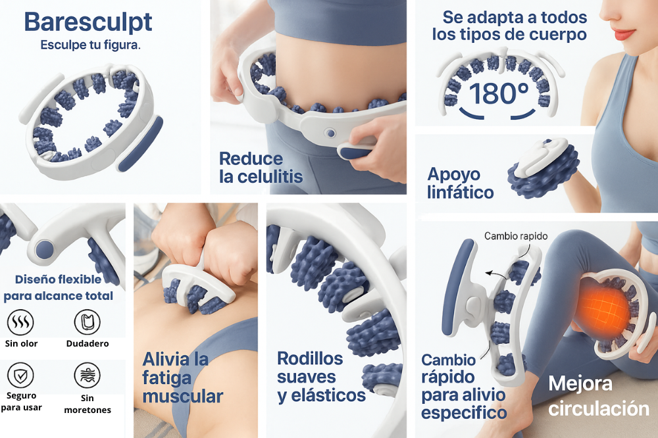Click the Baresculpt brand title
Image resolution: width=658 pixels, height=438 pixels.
(x=88, y=22)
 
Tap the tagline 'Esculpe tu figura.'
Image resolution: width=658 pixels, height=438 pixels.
(x=90, y=45)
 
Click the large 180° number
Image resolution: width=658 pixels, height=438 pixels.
(x=499, y=93)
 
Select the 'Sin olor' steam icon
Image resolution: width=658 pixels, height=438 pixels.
(x=20, y=322)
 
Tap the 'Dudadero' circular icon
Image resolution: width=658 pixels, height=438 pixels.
(x=88, y=322)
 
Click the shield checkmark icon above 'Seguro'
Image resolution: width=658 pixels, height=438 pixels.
(x=20, y=376)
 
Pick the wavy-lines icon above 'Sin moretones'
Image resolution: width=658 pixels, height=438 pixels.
(x=88, y=376)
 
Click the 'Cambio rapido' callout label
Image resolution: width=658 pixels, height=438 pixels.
(x=516, y=236)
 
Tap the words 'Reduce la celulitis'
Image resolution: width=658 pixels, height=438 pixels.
(x=261, y=168)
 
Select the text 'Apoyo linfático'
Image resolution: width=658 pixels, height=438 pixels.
(x=461, y=183)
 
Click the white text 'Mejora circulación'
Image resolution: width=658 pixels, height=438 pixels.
(x=599, y=396)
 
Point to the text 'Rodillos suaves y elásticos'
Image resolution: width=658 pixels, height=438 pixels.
(x=321, y=377)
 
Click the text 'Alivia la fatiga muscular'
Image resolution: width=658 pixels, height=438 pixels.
(x=182, y=377)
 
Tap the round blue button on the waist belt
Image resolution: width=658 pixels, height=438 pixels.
(x=331, y=134)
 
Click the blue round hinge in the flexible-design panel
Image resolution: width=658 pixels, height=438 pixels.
(x=45, y=250)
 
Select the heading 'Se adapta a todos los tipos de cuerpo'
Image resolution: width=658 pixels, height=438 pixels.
(x=510, y=26)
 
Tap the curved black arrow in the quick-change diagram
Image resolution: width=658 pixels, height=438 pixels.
(x=495, y=275)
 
